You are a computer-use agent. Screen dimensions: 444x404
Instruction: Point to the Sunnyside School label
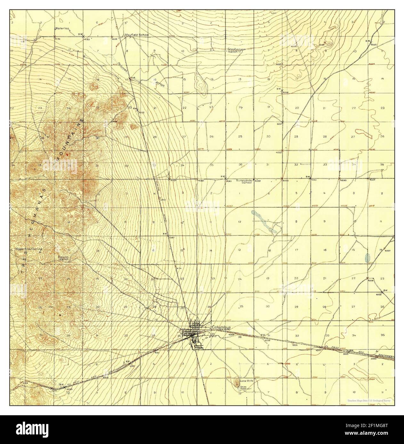pyautogui.click(x=244, y=181)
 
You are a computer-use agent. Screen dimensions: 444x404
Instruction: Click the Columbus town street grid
pyautogui.click(x=194, y=335)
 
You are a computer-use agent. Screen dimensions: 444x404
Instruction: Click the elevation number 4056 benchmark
pyautogui.click(x=286, y=92)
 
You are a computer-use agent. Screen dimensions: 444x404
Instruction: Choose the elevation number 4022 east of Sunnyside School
pyautogui.click(x=372, y=180)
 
